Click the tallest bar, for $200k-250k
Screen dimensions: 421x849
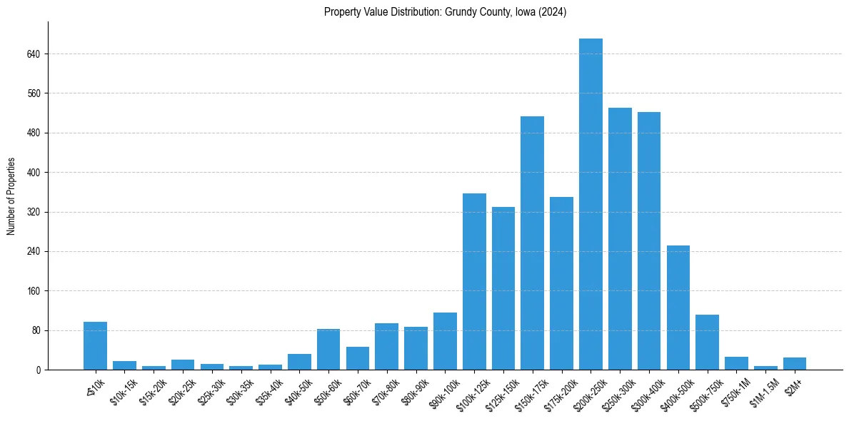click(x=591, y=204)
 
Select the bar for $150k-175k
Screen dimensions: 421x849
click(x=532, y=243)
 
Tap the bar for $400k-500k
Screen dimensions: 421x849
click(x=678, y=308)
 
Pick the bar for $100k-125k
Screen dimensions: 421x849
click(x=474, y=281)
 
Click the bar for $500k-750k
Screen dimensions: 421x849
click(x=707, y=342)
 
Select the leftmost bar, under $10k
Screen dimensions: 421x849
click(x=95, y=346)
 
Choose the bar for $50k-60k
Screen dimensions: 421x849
click(x=328, y=350)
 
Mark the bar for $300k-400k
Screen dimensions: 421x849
click(x=649, y=240)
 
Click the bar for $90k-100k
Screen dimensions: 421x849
click(x=445, y=341)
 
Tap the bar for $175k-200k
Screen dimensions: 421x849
click(x=561, y=283)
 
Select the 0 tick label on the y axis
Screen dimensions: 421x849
click(x=39, y=370)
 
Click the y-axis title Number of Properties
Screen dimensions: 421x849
click(x=11, y=196)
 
